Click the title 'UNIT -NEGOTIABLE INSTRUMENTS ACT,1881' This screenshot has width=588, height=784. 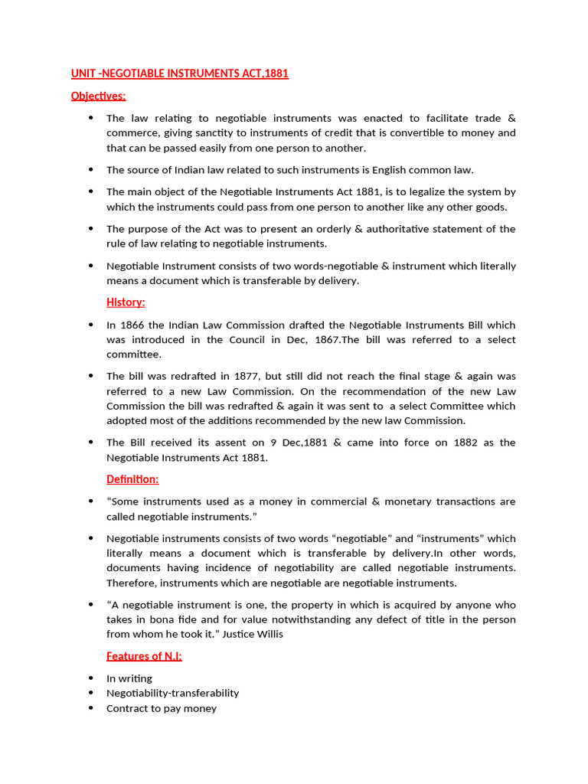[x=180, y=73]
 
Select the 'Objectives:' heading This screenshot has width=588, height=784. [x=98, y=96]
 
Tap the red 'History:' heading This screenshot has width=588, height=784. [x=126, y=302]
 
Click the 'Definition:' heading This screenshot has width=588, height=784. [x=132, y=479]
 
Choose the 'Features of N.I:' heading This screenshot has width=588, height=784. [x=144, y=656]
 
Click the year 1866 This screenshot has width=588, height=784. [x=132, y=325]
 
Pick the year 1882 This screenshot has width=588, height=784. [x=469, y=443]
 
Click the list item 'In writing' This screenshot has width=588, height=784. [x=129, y=678]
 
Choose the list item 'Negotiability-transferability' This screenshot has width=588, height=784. [x=173, y=693]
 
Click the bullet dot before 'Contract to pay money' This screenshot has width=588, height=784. [x=90, y=708]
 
